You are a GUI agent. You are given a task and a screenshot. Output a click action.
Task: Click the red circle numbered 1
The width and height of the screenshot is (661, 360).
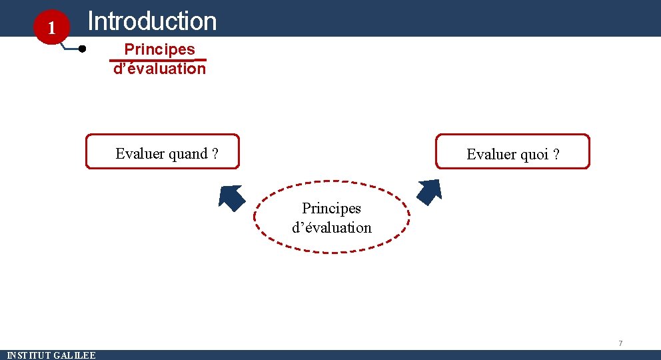click(x=49, y=27)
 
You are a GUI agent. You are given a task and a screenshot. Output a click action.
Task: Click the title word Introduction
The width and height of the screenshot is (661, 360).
click(x=152, y=21)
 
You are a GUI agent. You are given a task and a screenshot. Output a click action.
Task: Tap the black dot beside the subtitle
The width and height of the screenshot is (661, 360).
click(x=82, y=49)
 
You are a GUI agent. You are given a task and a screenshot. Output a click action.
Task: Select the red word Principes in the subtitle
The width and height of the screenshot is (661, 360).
click(x=160, y=49)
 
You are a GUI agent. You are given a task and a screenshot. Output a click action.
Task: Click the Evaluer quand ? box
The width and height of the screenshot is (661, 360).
click(x=163, y=151)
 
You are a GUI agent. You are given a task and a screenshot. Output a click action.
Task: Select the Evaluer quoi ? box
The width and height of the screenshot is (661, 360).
click(x=512, y=151)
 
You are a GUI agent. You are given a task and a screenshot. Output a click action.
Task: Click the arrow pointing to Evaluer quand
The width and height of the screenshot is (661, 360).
click(x=231, y=197)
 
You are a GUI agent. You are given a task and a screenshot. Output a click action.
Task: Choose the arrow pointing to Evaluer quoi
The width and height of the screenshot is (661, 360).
click(x=429, y=192)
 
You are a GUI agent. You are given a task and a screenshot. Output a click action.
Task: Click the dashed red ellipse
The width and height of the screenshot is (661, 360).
click(x=332, y=249)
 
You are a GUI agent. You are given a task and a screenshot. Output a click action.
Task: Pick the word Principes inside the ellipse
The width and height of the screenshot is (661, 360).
click(x=331, y=209)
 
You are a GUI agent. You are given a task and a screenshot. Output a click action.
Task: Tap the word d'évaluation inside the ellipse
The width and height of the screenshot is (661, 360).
click(x=332, y=227)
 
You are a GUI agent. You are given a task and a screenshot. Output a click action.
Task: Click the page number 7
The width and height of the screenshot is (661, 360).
click(x=620, y=343)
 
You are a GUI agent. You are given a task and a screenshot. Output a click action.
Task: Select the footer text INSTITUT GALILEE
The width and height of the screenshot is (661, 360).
click(x=51, y=355)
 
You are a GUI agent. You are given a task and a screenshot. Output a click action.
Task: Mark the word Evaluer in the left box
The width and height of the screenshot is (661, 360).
click(x=140, y=154)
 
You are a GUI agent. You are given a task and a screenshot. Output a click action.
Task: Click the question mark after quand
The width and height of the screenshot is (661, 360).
click(x=215, y=154)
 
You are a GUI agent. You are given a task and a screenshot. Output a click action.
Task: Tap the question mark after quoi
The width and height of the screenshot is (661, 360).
click(x=556, y=155)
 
